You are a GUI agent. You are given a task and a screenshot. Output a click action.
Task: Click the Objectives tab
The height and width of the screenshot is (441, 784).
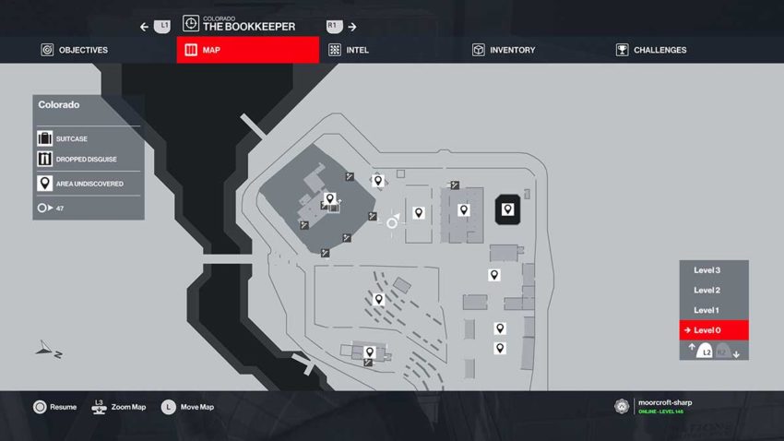[x=75, y=50]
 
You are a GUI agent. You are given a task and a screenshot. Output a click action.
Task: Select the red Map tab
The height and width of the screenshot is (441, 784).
[x=247, y=50]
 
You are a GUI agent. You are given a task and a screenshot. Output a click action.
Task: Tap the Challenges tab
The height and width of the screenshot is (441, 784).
[x=651, y=50]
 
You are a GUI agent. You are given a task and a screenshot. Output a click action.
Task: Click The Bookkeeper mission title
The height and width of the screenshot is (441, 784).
[x=248, y=27]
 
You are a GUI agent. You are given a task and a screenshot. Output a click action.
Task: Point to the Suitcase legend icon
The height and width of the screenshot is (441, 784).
[x=44, y=138]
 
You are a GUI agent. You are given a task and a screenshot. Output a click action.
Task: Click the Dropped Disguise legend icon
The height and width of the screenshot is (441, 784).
[x=44, y=161]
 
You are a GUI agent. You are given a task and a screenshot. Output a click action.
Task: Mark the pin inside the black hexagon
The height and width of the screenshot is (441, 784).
[x=507, y=209]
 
